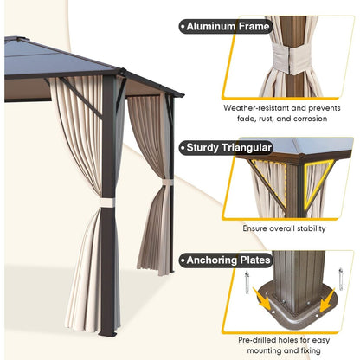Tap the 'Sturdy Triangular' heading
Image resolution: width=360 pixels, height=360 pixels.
click(x=228, y=147)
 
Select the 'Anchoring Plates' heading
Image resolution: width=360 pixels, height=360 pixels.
click(x=228, y=260)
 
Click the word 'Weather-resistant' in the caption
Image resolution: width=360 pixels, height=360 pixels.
click(x=250, y=108)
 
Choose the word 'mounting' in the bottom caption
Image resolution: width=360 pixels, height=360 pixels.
click(x=263, y=352)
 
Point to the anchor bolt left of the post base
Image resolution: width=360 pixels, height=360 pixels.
click(x=247, y=284)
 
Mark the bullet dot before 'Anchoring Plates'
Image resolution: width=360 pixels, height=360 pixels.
click(x=182, y=260)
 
